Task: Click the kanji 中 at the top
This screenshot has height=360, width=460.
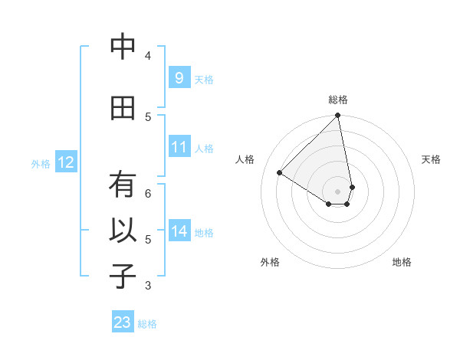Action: click(x=123, y=47)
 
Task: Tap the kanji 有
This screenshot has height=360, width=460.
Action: click(x=123, y=185)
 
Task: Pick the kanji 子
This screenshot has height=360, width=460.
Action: click(x=123, y=277)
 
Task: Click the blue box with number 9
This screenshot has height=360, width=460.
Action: click(x=179, y=78)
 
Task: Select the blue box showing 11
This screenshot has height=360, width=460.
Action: click(x=179, y=147)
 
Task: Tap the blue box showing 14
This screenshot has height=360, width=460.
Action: click(x=179, y=231)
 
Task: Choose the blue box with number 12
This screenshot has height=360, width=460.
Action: click(x=65, y=162)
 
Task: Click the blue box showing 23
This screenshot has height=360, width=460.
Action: click(x=123, y=322)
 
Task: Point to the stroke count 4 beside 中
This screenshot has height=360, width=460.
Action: click(x=148, y=55)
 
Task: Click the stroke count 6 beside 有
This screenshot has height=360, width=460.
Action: click(x=148, y=193)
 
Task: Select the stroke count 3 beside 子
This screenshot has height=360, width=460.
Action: click(x=148, y=286)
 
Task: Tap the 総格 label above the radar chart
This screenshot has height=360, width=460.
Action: click(x=338, y=100)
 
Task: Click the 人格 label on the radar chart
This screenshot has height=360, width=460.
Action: click(x=245, y=159)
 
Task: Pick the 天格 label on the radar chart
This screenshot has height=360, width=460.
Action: click(x=431, y=159)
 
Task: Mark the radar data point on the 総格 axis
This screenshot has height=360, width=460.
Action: click(x=337, y=116)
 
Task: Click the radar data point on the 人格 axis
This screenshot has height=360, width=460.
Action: click(x=280, y=173)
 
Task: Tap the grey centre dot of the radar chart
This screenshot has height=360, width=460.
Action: click(x=337, y=191)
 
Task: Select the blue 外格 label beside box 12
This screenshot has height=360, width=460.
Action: click(x=40, y=163)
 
